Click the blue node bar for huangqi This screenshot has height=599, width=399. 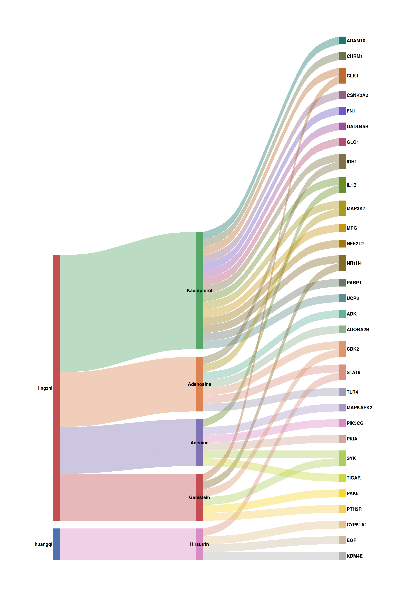(x=56, y=544)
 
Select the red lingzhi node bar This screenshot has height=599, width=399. (x=56, y=388)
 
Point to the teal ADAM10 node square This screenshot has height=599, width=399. (x=342, y=41)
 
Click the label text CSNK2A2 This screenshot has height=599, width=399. (x=357, y=95)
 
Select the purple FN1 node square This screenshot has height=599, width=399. (x=342, y=111)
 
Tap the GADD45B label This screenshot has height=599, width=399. (x=357, y=127)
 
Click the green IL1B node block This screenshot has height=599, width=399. (x=342, y=185)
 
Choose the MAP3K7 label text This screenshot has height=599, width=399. (x=356, y=209)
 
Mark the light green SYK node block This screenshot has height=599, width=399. (x=342, y=458)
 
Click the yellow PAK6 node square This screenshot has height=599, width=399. (x=342, y=493)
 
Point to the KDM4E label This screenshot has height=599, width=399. (x=354, y=556)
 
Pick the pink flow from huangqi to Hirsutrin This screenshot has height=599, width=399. (x=127, y=544)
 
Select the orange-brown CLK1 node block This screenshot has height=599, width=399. (x=342, y=76)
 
